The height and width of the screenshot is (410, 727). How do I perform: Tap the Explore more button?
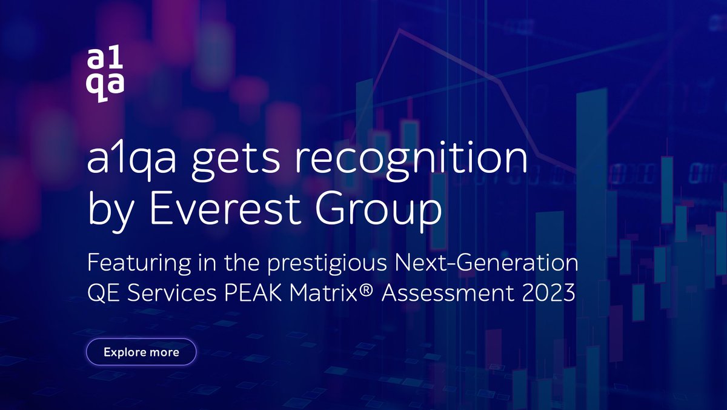[x=141, y=352]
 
